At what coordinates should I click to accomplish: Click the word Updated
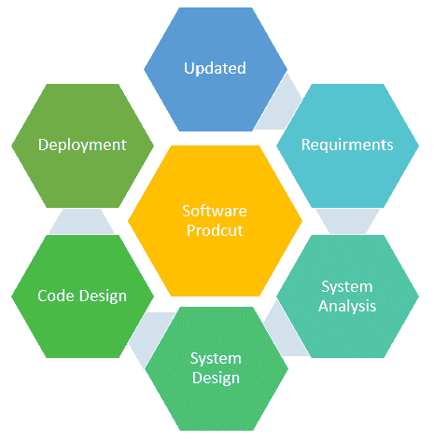[x=215, y=68]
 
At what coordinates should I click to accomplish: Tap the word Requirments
[x=347, y=145]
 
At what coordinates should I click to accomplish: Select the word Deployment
[x=82, y=145]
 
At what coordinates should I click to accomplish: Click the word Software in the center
[x=215, y=211]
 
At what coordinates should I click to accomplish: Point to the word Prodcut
[x=215, y=230]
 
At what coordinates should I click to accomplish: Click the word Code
[x=56, y=296]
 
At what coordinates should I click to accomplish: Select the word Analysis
[x=347, y=306]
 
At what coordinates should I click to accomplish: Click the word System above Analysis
[x=347, y=287]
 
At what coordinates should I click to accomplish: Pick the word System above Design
[x=216, y=359]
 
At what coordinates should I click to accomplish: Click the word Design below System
[x=216, y=379]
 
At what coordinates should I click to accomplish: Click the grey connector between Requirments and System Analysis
[x=347, y=221]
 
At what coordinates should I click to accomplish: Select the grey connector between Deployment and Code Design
[x=82, y=221]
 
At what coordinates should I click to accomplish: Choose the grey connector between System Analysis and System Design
[x=285, y=334]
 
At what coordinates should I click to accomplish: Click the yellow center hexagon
[x=215, y=221]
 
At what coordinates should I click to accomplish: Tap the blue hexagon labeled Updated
[x=216, y=69]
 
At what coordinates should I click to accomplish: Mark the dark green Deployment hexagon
[x=82, y=145]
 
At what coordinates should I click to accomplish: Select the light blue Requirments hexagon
[x=347, y=145]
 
